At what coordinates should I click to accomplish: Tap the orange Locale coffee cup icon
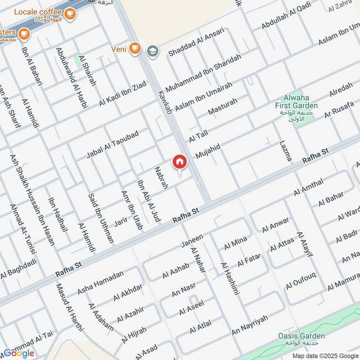click(69, 14)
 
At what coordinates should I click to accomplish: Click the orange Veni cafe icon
click(134, 48)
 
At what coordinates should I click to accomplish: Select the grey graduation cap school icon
click(153, 50)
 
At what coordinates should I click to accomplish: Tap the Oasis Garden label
click(301, 336)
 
